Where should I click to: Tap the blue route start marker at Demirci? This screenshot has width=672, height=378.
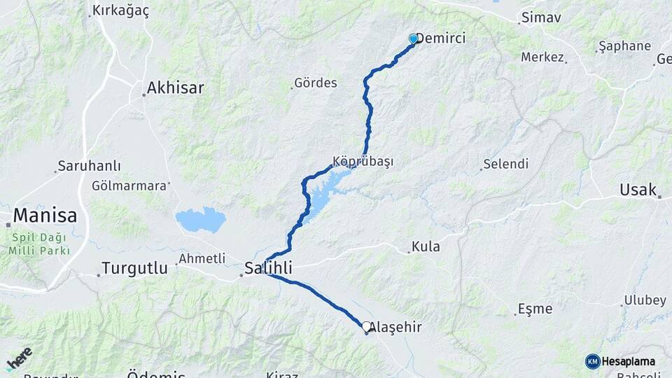click(413, 39)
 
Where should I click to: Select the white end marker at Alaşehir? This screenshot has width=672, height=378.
click(366, 326)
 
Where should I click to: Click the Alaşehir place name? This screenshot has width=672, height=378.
click(395, 327)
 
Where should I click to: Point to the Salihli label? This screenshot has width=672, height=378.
click(268, 267)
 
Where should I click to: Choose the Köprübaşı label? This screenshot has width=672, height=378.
click(363, 161)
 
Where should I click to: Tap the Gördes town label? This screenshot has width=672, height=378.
click(316, 83)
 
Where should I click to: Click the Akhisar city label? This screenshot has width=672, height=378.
click(175, 88)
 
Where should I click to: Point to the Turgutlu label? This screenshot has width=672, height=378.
click(135, 267)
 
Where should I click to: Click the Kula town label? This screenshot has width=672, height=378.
click(426, 246)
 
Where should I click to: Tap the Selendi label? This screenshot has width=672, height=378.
click(505, 164)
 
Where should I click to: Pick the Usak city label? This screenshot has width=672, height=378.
click(638, 190)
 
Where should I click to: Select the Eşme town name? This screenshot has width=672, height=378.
click(535, 309)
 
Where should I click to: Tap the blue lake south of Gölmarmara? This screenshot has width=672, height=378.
click(201, 219)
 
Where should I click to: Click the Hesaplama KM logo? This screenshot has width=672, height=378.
click(620, 361)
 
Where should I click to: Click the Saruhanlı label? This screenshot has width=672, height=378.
click(90, 166)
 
